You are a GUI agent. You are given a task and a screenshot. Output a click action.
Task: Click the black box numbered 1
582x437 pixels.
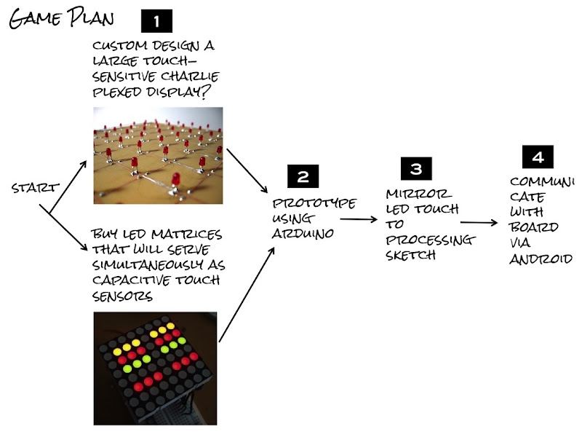coord(156,21)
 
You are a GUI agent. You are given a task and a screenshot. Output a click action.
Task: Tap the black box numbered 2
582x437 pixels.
coord(303,176)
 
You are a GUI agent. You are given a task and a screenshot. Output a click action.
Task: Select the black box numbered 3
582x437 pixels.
coord(416,169)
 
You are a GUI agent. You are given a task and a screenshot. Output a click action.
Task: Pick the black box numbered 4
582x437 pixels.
coord(538,157)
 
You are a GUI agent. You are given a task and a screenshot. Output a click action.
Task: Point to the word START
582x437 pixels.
coord(35,188)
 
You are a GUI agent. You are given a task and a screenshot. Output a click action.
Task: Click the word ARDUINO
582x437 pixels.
coord(303,233)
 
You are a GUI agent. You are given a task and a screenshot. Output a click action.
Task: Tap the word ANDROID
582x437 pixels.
coord(541,259)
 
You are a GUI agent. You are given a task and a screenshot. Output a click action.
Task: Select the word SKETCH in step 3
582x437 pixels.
coord(410,256)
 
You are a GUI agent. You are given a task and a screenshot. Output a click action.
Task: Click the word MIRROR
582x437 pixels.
coord(419,194)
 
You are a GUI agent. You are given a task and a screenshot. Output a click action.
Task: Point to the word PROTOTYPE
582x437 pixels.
coord(314,203)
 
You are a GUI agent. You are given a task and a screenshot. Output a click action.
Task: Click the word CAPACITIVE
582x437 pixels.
coord(131,280)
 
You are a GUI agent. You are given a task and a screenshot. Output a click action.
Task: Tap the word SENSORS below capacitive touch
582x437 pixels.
coord(122,296)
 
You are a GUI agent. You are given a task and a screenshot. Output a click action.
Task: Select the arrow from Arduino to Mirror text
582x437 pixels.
coord(359,219)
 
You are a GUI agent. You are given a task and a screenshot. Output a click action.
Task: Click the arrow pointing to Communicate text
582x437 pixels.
coord(479,223)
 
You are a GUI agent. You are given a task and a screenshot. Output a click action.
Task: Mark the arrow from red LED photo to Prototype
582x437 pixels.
coord(247,170)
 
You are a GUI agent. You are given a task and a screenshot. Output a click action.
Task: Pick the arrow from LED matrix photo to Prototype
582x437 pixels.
coord(247,294)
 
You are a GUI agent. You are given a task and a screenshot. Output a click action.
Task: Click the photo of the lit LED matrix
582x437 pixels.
coord(155,369)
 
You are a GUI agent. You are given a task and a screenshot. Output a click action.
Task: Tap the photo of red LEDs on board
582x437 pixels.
coord(158,155)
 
